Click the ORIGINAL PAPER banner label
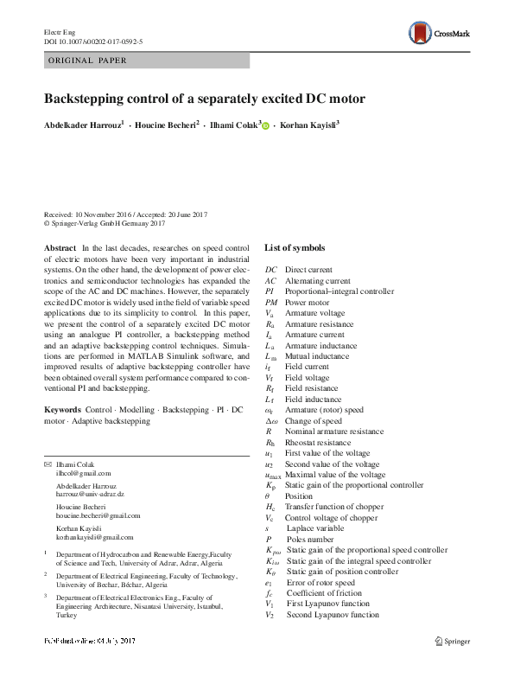pos(86,61)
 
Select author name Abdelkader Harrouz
pos(83,125)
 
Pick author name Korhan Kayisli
pos(308,125)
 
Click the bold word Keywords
pos(63,408)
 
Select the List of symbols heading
pos(295,248)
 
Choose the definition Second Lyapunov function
pos(333,615)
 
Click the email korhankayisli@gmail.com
pos(92,537)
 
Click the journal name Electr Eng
pos(60,31)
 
